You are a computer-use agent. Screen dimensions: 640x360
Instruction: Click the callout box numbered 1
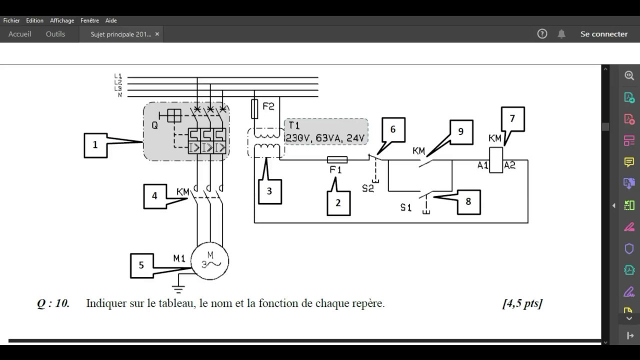pyautogui.click(x=95, y=145)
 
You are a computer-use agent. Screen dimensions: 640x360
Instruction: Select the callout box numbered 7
pyautogui.click(x=513, y=119)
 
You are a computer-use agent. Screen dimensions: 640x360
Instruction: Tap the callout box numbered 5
pyautogui.click(x=141, y=265)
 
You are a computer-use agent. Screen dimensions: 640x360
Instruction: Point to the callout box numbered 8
pyautogui.click(x=468, y=202)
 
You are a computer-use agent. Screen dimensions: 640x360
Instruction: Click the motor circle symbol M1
pyautogui.click(x=209, y=261)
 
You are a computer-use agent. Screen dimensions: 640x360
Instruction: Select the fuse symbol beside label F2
pyautogui.click(x=254, y=109)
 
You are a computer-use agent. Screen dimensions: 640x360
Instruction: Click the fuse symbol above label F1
pyautogui.click(x=337, y=159)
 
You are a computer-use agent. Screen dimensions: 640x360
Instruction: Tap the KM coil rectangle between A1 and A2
pyautogui.click(x=496, y=160)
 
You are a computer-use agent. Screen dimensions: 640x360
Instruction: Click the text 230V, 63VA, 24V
pyautogui.click(x=325, y=138)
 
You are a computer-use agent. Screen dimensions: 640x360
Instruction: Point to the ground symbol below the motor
pyautogui.click(x=178, y=289)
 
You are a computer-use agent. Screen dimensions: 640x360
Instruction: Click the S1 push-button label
pyautogui.click(x=405, y=207)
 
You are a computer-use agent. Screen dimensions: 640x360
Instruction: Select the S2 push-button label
pyautogui.click(x=368, y=188)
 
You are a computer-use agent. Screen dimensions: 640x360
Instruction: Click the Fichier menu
pyautogui.click(x=11, y=20)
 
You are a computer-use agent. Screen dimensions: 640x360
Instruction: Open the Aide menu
pyautogui.click(x=111, y=20)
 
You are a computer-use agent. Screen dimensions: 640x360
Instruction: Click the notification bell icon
pyautogui.click(x=561, y=34)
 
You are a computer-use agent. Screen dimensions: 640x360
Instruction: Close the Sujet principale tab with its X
pyautogui.click(x=157, y=34)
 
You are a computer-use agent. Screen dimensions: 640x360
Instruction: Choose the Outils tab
pyautogui.click(x=55, y=34)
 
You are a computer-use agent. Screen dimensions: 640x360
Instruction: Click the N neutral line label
pyautogui.click(x=120, y=95)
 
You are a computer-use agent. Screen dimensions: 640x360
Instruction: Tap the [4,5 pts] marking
pyautogui.click(x=522, y=303)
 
